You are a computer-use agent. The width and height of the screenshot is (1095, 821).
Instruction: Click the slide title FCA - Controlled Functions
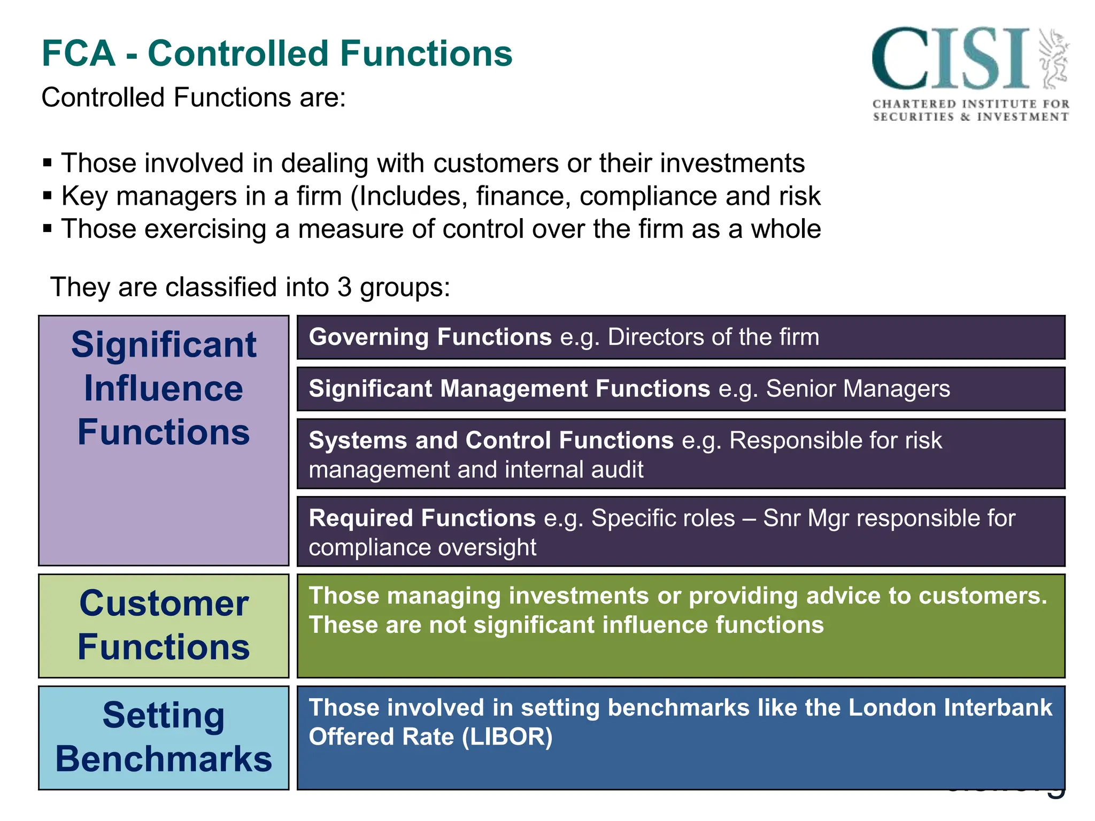click(276, 53)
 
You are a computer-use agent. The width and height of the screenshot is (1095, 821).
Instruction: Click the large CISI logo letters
click(951, 59)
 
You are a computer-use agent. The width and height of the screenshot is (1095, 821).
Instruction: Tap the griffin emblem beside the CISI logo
click(1053, 59)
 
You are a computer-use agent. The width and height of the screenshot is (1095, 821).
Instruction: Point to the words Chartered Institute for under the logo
click(970, 104)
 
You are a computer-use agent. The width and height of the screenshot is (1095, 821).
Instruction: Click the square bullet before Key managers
click(48, 196)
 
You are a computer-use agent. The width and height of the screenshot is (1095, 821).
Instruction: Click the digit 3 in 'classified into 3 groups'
click(344, 287)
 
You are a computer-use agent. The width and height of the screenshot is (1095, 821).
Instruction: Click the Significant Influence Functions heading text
click(164, 388)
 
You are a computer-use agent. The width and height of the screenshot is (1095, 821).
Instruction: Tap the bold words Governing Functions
click(430, 337)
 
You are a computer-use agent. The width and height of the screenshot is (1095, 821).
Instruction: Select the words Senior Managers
click(858, 389)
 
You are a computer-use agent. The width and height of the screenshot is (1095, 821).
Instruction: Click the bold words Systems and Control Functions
click(491, 440)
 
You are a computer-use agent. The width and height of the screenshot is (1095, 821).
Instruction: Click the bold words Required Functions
click(422, 518)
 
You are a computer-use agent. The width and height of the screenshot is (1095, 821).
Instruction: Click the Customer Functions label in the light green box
click(164, 625)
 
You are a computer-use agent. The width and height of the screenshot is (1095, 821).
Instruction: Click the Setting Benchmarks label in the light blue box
click(164, 737)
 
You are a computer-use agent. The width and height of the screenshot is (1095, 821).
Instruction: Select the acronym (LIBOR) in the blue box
click(507, 737)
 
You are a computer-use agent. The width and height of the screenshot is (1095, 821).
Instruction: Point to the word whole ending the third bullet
click(785, 229)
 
